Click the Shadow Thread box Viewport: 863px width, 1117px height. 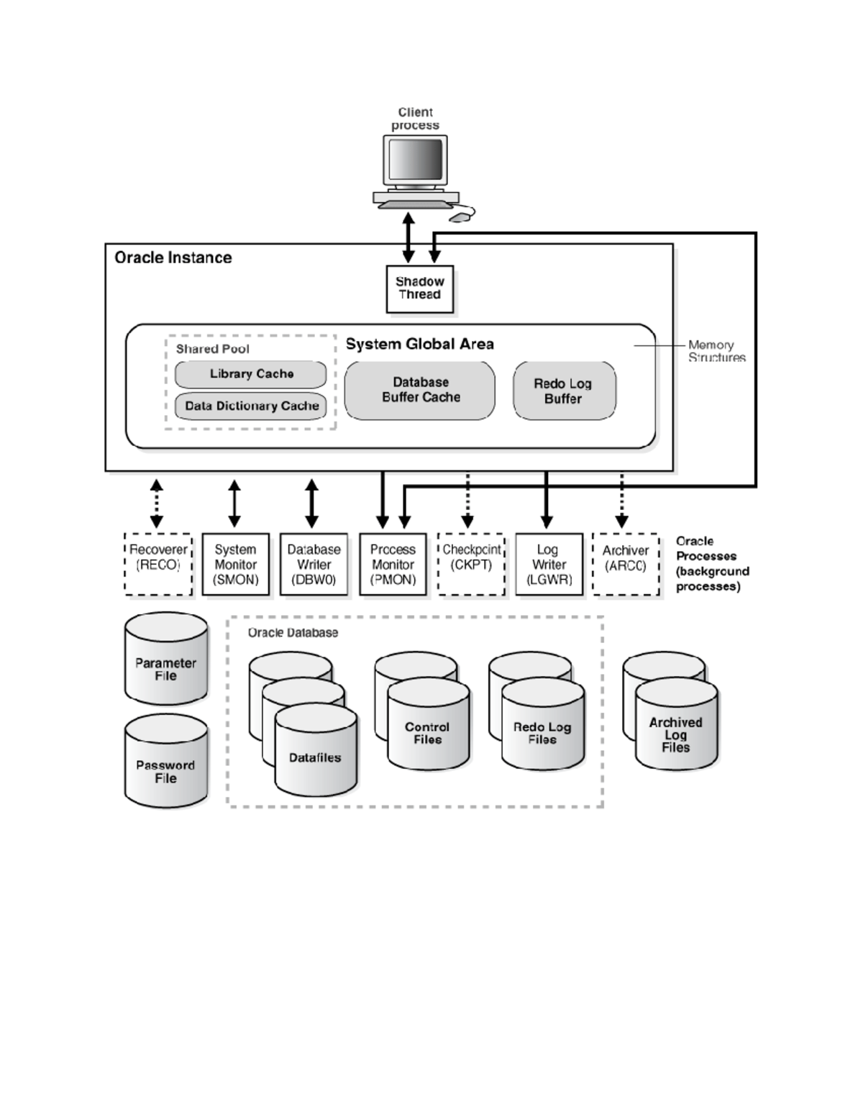click(x=420, y=289)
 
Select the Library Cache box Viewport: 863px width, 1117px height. click(x=251, y=374)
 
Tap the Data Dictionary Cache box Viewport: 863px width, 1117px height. click(x=251, y=406)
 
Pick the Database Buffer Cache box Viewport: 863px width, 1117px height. click(x=420, y=390)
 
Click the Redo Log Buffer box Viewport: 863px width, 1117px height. click(x=564, y=391)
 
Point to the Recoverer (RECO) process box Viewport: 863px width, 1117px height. click(x=158, y=564)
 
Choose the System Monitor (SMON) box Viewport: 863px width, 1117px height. click(x=236, y=564)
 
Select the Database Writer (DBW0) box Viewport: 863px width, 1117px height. click(x=314, y=564)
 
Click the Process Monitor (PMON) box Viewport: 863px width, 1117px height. click(x=393, y=564)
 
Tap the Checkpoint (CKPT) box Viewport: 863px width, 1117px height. click(x=471, y=564)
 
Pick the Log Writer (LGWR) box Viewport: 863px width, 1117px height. click(x=549, y=564)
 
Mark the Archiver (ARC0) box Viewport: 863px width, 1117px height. click(x=626, y=564)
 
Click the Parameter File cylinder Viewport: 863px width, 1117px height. click(x=166, y=669)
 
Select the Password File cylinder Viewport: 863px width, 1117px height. click(x=166, y=771)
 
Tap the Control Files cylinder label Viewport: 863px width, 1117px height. click(x=427, y=733)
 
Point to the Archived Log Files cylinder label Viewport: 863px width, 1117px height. click(x=676, y=734)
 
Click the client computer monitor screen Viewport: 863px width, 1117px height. click(x=415, y=160)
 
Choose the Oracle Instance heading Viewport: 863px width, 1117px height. click(x=173, y=257)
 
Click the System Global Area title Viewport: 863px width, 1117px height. click(x=420, y=344)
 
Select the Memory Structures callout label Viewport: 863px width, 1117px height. click(x=716, y=351)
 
